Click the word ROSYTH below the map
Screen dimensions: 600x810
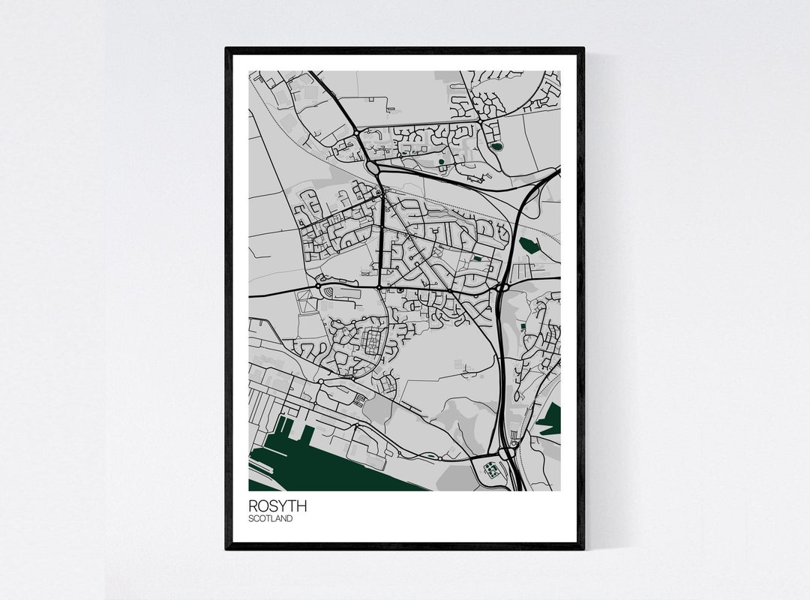[277, 506]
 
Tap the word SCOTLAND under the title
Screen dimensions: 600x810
[271, 518]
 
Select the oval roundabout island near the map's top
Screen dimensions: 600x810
[373, 167]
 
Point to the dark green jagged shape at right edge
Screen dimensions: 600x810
[550, 420]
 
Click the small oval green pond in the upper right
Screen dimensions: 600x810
[496, 146]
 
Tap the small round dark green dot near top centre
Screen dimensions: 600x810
[441, 160]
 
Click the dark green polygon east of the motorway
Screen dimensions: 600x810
[529, 244]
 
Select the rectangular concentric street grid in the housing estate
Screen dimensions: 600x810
[373, 344]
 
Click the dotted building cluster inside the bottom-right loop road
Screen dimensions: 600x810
[490, 470]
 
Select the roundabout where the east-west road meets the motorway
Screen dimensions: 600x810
[501, 286]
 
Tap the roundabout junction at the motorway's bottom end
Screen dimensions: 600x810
[505, 453]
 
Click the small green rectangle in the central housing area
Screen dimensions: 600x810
[477, 259]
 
